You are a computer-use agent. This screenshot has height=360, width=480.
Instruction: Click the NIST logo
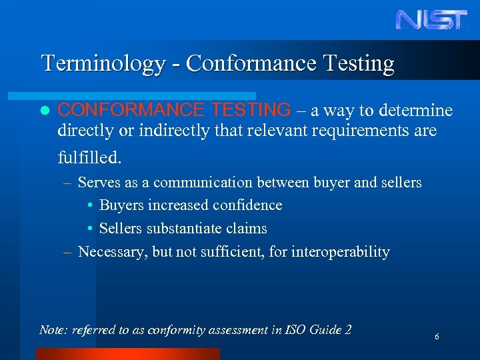(x=431, y=19)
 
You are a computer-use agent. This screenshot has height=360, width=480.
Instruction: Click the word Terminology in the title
(x=103, y=63)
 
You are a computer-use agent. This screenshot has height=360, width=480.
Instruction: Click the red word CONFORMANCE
(x=131, y=110)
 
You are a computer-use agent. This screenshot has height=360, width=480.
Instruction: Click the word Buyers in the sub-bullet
(x=121, y=205)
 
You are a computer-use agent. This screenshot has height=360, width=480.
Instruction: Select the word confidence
(x=246, y=205)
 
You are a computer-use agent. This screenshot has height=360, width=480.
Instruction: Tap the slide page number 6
(x=437, y=337)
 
